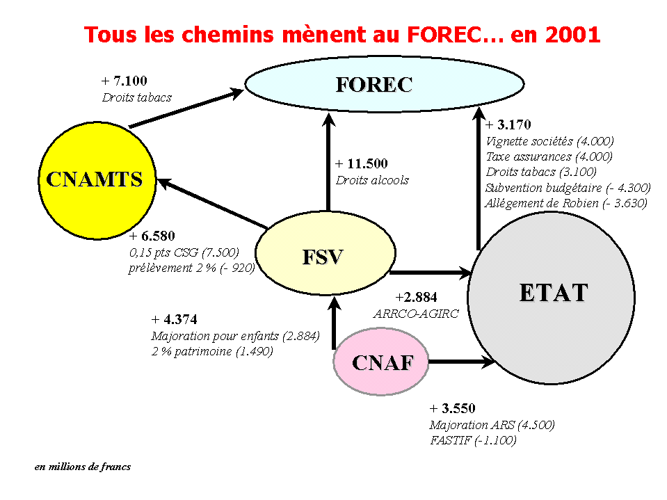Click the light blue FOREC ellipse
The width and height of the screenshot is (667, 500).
385,83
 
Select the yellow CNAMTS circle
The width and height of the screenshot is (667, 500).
97,180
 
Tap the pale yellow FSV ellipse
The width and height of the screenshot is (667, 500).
326,253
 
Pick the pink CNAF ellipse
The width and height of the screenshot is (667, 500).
380,362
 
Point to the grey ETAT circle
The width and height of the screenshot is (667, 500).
552,298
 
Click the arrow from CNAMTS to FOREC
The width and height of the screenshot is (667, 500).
186,108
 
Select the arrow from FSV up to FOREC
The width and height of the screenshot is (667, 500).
328,162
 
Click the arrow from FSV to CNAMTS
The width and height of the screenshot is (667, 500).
212,203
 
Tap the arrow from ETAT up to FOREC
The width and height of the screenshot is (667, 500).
479,179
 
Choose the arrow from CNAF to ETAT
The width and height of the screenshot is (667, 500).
462,362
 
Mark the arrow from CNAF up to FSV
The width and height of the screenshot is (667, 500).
335,323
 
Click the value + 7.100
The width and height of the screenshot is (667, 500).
124,81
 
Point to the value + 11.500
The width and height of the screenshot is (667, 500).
362,163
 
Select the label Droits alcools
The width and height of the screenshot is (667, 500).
372,180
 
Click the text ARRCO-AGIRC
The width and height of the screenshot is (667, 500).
416,314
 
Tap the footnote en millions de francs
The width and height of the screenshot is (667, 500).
83,467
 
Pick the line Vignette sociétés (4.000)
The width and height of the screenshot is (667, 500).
549,141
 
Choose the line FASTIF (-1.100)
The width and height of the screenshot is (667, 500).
473,440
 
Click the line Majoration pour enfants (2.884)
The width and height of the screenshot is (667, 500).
235,336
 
